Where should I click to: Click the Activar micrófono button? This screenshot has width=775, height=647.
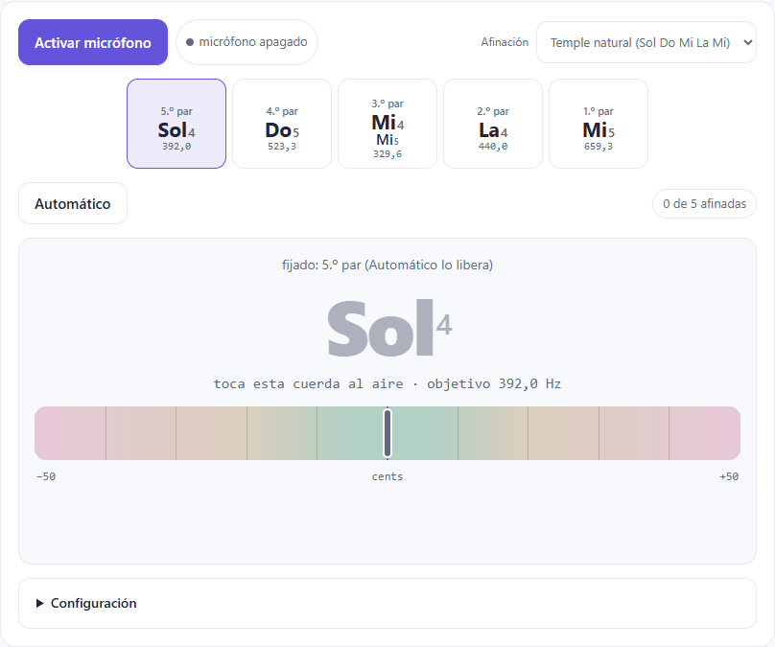[x=93, y=42]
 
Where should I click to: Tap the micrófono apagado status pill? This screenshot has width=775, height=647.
[x=247, y=42]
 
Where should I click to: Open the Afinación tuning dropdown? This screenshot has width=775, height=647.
[x=646, y=42]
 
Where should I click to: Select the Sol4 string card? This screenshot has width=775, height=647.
[x=176, y=124]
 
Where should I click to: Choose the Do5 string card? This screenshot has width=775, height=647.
[x=282, y=124]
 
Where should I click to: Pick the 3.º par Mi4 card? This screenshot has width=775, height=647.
[x=387, y=124]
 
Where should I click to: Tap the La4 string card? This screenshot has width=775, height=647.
[x=493, y=124]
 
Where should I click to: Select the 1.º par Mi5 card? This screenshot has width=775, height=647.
[x=599, y=124]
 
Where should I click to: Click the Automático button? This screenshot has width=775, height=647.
[x=73, y=203]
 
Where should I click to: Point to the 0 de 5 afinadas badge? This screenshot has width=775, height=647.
[x=704, y=203]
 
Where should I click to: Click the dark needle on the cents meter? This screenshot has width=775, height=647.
[x=387, y=433]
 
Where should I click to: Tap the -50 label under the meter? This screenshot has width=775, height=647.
[x=46, y=476]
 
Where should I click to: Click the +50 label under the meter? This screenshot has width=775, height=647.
[x=729, y=476]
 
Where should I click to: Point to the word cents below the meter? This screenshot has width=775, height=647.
[x=387, y=476]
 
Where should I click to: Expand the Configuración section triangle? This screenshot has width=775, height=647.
[x=40, y=603]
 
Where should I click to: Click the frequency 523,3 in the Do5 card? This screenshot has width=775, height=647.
[x=282, y=147]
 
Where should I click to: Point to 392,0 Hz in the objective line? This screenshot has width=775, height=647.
[x=529, y=383]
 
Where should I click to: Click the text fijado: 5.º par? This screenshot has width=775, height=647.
[x=321, y=266]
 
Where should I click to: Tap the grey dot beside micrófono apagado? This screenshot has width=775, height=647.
[x=190, y=42]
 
